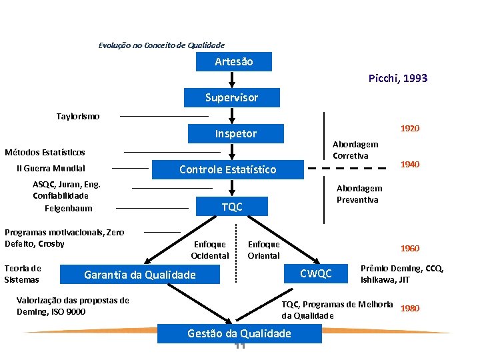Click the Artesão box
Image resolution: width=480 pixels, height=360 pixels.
233,62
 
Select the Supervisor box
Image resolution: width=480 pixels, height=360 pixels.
231,97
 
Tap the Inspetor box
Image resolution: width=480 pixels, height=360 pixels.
235,133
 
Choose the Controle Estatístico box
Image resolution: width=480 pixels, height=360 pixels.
227,169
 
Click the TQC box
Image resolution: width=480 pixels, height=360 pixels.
232,207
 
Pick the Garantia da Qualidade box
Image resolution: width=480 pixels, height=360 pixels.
140,275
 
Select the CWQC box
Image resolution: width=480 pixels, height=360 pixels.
315,273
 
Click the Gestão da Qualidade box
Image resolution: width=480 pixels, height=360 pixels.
239,333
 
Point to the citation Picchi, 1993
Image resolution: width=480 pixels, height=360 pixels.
398,79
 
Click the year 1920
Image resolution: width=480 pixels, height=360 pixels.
409,128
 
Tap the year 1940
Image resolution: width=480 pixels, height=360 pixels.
409,164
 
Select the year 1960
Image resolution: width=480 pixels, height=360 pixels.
409,248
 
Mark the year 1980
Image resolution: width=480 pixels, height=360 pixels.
410,309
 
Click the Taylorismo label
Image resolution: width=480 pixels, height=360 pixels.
78,116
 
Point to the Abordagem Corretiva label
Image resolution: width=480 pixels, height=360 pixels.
355,150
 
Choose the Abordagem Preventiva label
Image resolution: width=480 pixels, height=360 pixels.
359,194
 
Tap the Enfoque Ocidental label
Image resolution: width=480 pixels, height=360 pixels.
209,250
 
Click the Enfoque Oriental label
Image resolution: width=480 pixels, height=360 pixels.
264,250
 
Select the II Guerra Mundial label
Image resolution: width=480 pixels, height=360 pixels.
51,168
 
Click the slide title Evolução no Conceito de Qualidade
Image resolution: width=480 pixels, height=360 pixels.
161,45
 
